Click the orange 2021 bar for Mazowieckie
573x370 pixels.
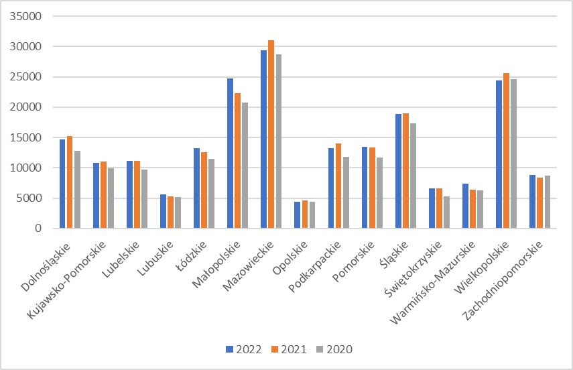pos(271,134)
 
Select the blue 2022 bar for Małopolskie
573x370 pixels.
pos(230,153)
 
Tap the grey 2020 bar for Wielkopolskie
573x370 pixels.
pos(513,153)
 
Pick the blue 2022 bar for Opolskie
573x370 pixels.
pos(298,215)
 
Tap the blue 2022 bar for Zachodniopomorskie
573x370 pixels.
pos(533,202)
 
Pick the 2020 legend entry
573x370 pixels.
pos(333,349)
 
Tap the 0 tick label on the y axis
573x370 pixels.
pos(38,229)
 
